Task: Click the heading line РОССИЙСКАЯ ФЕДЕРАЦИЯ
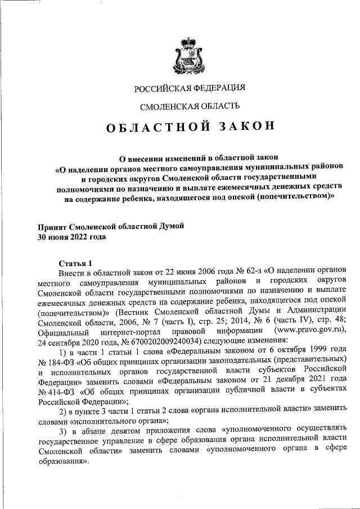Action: click(x=190, y=88)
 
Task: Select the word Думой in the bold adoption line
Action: click(x=169, y=226)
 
